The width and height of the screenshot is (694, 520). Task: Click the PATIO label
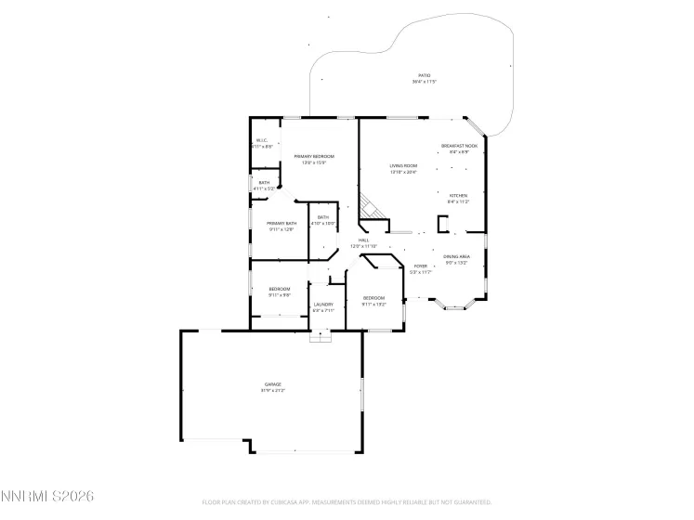(x=424, y=75)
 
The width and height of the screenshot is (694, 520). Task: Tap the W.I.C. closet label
(x=262, y=140)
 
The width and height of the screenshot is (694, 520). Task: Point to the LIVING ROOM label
(x=403, y=165)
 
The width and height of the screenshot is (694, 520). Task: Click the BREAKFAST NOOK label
(x=459, y=145)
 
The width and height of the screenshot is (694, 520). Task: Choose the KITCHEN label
(x=459, y=195)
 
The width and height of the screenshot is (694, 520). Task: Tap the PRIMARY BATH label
(x=282, y=223)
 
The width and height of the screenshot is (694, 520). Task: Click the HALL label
(x=364, y=240)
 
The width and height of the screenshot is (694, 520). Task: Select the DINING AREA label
(x=456, y=256)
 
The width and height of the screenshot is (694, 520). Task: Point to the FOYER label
(x=421, y=266)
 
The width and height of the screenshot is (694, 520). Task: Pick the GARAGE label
(x=272, y=384)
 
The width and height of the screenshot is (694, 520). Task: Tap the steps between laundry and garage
(x=321, y=336)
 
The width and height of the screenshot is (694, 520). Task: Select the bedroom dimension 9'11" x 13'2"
(x=373, y=304)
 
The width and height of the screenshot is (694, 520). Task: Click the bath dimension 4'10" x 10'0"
(x=322, y=223)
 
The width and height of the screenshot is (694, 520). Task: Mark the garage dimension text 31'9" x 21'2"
(x=272, y=390)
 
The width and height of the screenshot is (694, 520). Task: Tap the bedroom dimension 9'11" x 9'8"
(x=280, y=294)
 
